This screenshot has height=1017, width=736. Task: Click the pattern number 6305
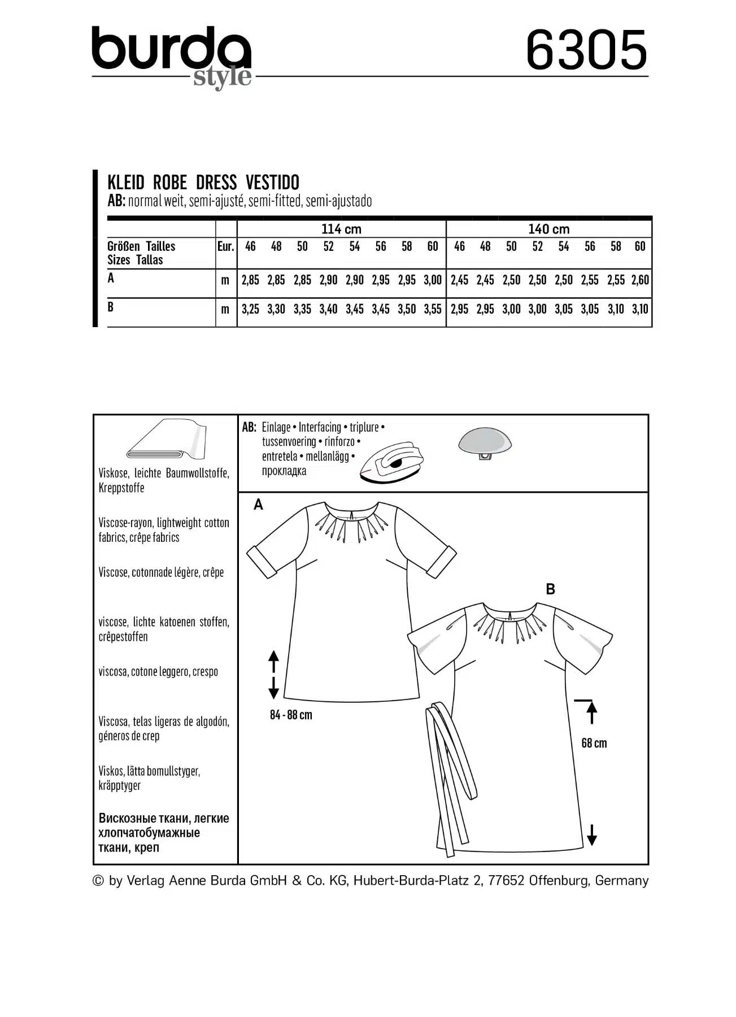click(586, 50)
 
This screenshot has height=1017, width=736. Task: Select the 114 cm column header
click(341, 229)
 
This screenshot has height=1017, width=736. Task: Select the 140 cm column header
click(548, 229)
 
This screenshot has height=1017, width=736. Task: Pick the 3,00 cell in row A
click(433, 280)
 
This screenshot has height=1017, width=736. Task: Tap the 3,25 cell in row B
click(250, 309)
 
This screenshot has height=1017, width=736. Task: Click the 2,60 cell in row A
click(640, 280)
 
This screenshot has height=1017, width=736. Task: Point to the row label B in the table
click(111, 307)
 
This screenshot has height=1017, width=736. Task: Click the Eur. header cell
click(225, 246)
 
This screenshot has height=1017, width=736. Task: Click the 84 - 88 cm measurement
click(291, 715)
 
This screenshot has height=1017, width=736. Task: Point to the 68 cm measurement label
click(594, 743)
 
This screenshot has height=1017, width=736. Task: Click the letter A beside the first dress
click(258, 505)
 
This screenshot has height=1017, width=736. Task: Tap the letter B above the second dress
click(551, 589)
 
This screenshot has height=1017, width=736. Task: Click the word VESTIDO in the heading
click(273, 182)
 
